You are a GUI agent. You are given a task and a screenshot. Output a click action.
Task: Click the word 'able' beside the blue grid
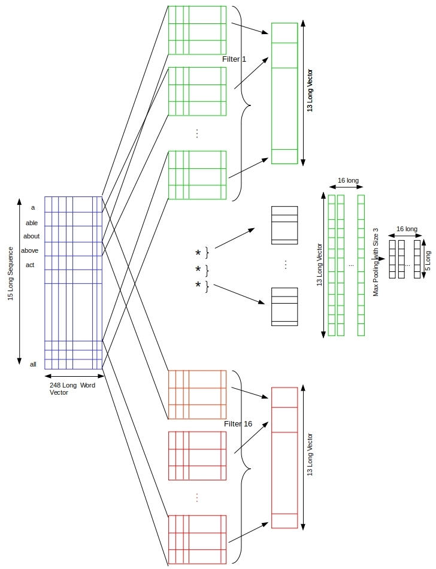pyautogui.click(x=32, y=223)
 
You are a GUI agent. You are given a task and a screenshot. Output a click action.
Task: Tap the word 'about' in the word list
pyautogui.click(x=32, y=236)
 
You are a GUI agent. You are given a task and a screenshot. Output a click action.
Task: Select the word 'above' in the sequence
pyautogui.click(x=29, y=250)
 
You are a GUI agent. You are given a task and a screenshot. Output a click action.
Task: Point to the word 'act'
pyautogui.click(x=30, y=265)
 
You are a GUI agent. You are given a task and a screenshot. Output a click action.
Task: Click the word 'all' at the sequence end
pyautogui.click(x=33, y=364)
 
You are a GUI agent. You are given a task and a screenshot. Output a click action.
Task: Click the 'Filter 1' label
pyautogui.click(x=234, y=59)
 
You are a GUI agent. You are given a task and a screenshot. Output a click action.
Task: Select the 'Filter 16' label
pyautogui.click(x=238, y=424)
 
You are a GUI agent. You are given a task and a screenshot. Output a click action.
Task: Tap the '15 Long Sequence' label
pyautogui.click(x=11, y=274)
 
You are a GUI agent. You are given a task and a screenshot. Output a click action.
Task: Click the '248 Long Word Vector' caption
pyautogui.click(x=72, y=389)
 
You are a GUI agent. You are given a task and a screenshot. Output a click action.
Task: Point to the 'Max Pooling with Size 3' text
pyautogui.click(x=376, y=262)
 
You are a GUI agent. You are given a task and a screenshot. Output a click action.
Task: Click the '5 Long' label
pyautogui.click(x=428, y=261)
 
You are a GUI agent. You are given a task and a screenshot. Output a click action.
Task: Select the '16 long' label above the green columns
pyautogui.click(x=348, y=180)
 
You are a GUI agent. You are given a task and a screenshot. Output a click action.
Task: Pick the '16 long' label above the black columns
pyautogui.click(x=407, y=229)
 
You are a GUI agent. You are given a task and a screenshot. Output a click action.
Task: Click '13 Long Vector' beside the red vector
pyautogui.click(x=310, y=455)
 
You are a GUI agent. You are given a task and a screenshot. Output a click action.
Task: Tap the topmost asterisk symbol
pyautogui.click(x=198, y=253)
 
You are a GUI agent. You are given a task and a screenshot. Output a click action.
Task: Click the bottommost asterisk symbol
pyautogui.click(x=198, y=285)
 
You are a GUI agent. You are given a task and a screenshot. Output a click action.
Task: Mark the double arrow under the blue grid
pyautogui.click(x=74, y=376)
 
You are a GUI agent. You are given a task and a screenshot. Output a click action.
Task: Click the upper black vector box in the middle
pyautogui.click(x=284, y=225)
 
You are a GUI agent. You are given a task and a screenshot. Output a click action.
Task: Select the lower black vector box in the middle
pyautogui.click(x=284, y=307)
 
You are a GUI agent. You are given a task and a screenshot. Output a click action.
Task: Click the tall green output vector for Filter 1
pyautogui.click(x=284, y=93)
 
